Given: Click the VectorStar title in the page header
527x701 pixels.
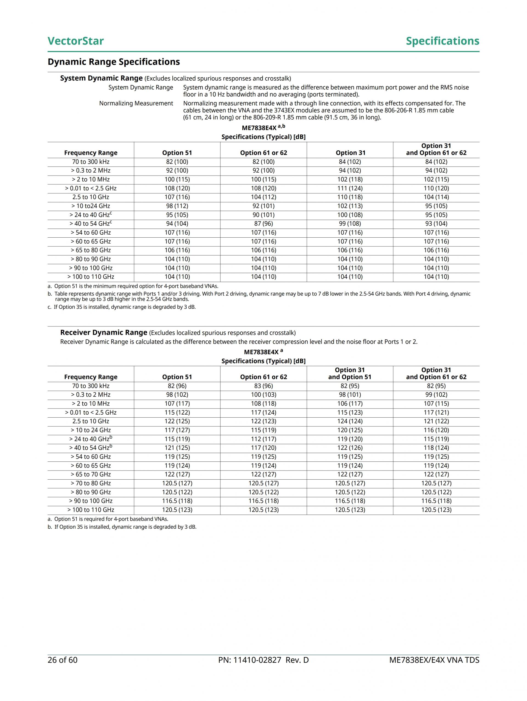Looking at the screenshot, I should (75, 41).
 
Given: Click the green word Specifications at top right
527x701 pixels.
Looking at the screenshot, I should (442, 41).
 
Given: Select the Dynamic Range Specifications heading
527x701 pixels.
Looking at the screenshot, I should (114, 62).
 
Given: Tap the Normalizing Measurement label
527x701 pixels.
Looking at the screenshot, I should (136, 103).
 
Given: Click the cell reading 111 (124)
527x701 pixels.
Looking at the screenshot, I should (350, 188).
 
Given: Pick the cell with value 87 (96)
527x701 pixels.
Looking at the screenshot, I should (263, 224).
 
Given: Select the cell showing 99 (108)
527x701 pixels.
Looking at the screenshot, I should (350, 224).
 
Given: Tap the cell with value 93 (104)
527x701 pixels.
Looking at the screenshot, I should (436, 224).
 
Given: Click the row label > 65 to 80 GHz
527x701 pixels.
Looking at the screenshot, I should (91, 250).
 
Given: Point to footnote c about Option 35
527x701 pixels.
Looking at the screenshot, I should (122, 307).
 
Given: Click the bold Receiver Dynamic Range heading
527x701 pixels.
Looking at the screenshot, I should (104, 333).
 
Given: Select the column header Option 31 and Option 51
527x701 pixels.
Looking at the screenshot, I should (350, 373).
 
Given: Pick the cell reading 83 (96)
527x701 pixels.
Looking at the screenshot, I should (263, 386).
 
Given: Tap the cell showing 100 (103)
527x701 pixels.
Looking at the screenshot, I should (263, 395).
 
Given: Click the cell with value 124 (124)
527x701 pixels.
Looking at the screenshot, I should (350, 421).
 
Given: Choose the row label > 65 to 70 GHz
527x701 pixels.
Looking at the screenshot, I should (91, 474).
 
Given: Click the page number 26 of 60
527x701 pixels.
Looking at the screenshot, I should (63, 660).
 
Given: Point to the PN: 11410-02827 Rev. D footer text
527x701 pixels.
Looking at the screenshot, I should (263, 660).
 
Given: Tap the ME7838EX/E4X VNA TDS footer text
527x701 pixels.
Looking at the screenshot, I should (434, 660).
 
